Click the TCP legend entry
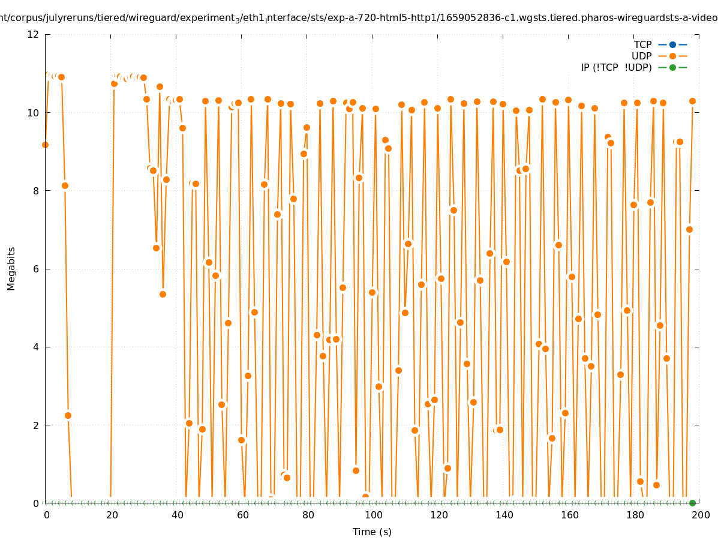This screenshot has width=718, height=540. [x=643, y=44]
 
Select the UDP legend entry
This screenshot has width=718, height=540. [x=641, y=56]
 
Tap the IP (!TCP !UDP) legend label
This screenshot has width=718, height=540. [x=616, y=67]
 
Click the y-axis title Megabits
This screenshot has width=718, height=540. [x=11, y=268]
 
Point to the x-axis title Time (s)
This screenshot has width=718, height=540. [x=372, y=532]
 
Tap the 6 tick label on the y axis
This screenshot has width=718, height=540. [x=35, y=269]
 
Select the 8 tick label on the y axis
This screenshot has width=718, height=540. [x=35, y=191]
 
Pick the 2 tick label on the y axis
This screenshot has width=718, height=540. [x=35, y=425]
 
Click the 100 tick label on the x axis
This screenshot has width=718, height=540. [x=373, y=515]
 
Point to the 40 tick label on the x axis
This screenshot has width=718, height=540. [x=177, y=515]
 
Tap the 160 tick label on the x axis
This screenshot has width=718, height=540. [x=569, y=515]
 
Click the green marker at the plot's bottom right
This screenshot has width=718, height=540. [x=692, y=503]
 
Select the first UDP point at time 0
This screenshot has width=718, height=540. [x=45, y=145]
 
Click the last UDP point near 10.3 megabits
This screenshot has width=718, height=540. [x=692, y=101]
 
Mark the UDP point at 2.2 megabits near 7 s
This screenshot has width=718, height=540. [x=68, y=415]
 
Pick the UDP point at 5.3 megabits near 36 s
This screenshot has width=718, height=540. [x=163, y=294]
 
